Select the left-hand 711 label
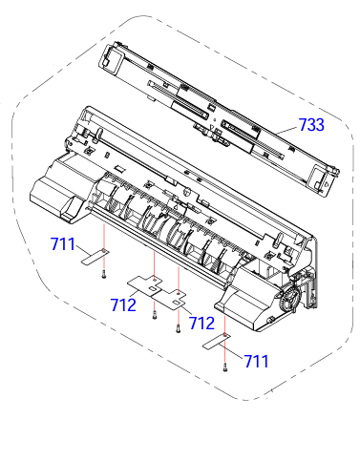click(x=63, y=246)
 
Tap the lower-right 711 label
click(x=255, y=361)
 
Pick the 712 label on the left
click(x=123, y=305)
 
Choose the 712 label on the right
click(x=201, y=324)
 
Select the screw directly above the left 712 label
click(x=154, y=313)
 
